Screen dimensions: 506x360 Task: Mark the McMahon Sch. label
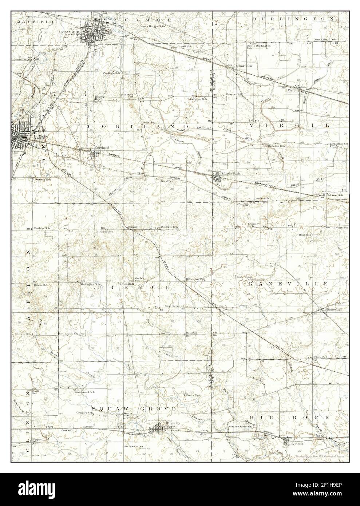pyautogui.click(x=339, y=144)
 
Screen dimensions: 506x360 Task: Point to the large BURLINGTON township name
pyautogui.click(x=293, y=18)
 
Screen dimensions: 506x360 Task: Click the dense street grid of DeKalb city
pyautogui.click(x=23, y=137)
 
